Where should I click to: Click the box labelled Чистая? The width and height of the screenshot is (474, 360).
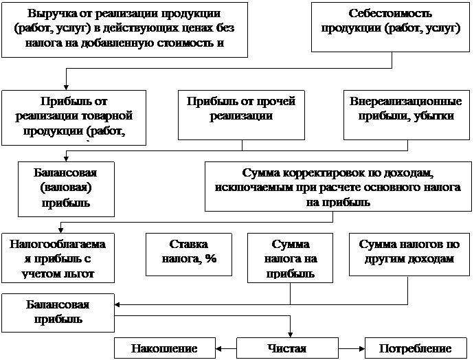(x=286, y=348)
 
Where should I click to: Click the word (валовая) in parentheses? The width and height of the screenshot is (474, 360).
(x=65, y=187)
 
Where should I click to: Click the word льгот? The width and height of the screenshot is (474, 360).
(x=98, y=273)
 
